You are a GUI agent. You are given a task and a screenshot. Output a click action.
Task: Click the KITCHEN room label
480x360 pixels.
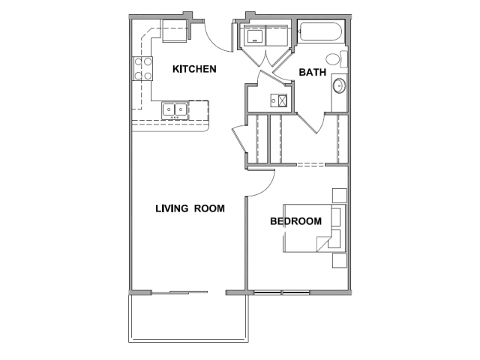click(x=194, y=69)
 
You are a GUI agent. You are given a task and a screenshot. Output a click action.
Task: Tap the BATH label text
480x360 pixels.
click(x=312, y=73)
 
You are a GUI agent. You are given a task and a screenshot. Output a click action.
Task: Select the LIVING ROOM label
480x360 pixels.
click(x=190, y=208)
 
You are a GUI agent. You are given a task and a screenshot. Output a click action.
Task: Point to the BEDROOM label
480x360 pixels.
click(x=295, y=221)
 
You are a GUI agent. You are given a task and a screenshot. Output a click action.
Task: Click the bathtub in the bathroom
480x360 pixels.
click(x=321, y=31)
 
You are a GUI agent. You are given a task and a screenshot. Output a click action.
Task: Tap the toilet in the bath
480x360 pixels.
click(x=337, y=58)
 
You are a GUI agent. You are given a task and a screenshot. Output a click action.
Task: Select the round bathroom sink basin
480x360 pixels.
click(x=339, y=85)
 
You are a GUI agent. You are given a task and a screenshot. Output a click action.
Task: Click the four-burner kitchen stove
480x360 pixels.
click(x=142, y=69)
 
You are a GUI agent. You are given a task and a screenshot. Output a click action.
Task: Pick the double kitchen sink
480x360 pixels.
click(x=175, y=110)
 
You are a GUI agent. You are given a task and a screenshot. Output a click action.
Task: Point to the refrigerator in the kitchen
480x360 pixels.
click(x=174, y=31)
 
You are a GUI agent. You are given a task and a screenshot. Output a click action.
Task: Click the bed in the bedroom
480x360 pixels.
click(x=314, y=228)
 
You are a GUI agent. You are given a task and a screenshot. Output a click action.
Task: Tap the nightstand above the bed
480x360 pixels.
click(x=340, y=196)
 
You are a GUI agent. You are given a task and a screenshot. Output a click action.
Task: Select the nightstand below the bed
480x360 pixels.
click(x=340, y=260)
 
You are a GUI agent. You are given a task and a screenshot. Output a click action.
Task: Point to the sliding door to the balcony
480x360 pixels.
click(x=180, y=292)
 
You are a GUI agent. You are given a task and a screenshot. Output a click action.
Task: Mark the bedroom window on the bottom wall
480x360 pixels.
click(x=282, y=293)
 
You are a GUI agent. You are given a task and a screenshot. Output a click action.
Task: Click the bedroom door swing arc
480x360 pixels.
click(x=268, y=188)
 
